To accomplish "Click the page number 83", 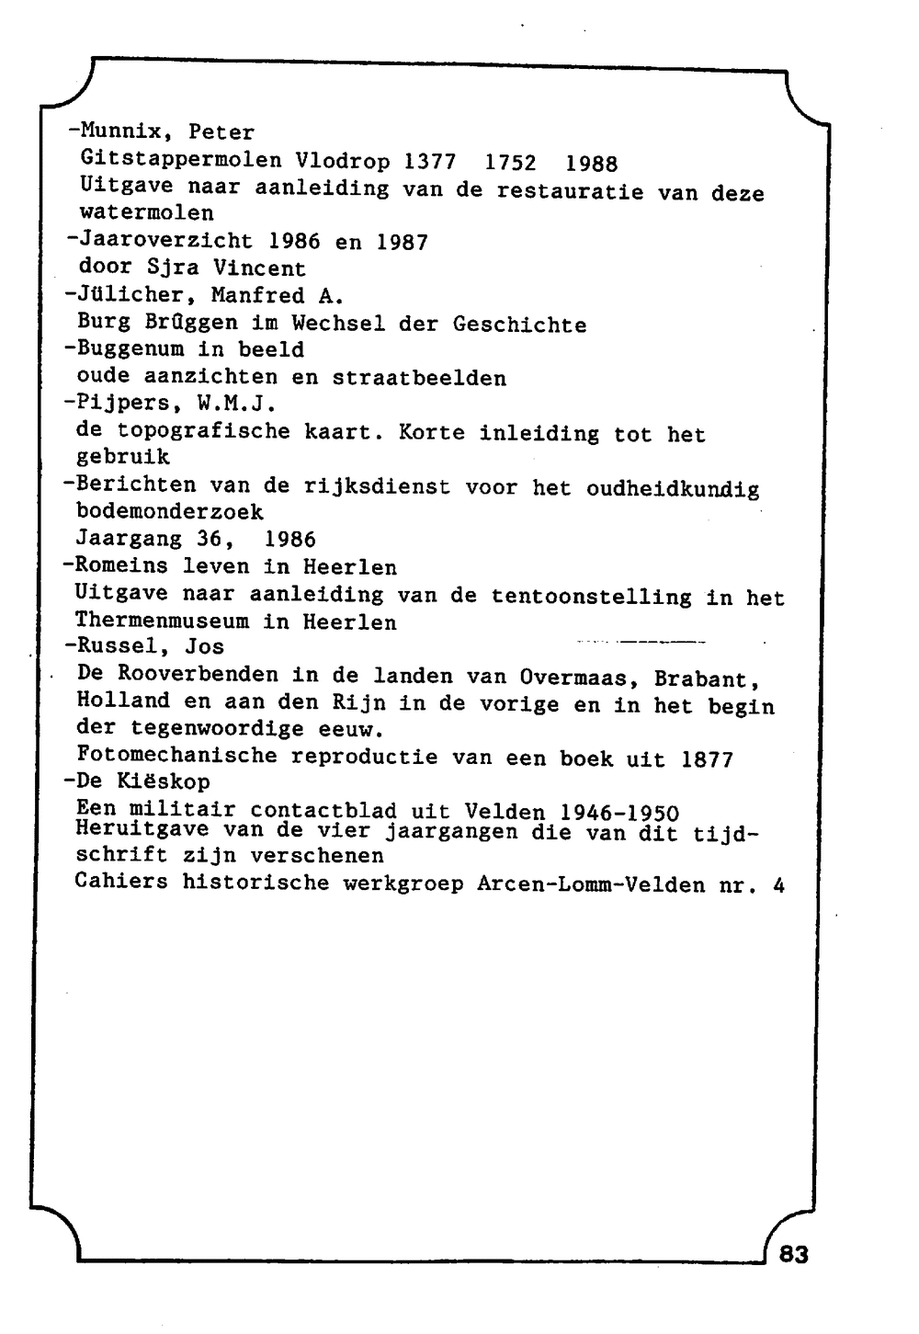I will pos(793,1254).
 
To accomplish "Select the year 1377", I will pos(430,162).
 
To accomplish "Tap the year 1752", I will pos(510,163).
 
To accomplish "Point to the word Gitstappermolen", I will pos(181,161).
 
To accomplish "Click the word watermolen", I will pos(146,213).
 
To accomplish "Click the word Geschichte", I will pos(519,325).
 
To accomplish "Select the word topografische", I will pos(203,431).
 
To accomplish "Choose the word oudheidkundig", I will pos(673,488).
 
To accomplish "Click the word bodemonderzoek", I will pos(169,512).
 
